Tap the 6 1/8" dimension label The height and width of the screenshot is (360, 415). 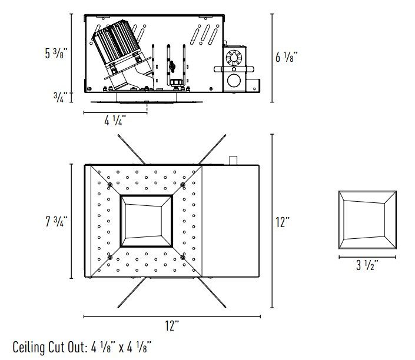pyautogui.click(x=286, y=56)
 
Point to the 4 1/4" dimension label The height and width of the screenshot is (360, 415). pyautogui.click(x=115, y=121)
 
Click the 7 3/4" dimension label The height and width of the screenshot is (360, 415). pyautogui.click(x=57, y=221)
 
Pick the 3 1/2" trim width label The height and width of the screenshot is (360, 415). pyautogui.click(x=367, y=265)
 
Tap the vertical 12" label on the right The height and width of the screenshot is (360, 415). pyautogui.click(x=283, y=222)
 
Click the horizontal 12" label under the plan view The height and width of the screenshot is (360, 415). pyautogui.click(x=172, y=325)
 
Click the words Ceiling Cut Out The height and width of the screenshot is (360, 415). pyautogui.click(x=50, y=347)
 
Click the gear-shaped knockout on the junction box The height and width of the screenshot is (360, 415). pyautogui.click(x=234, y=58)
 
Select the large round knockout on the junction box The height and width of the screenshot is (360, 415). pyautogui.click(x=234, y=81)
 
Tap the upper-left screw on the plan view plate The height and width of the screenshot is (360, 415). pyautogui.click(x=110, y=184)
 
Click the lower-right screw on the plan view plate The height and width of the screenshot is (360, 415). pyautogui.click(x=182, y=258)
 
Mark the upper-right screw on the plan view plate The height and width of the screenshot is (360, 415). pyautogui.click(x=182, y=184)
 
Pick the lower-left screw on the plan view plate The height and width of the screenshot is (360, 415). pyautogui.click(x=110, y=258)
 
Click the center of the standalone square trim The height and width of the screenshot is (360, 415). pyautogui.click(x=368, y=220)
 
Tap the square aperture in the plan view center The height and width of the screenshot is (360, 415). pyautogui.click(x=147, y=221)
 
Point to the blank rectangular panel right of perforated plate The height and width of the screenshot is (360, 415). pyautogui.click(x=231, y=221)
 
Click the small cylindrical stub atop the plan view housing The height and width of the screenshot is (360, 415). pyautogui.click(x=233, y=161)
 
